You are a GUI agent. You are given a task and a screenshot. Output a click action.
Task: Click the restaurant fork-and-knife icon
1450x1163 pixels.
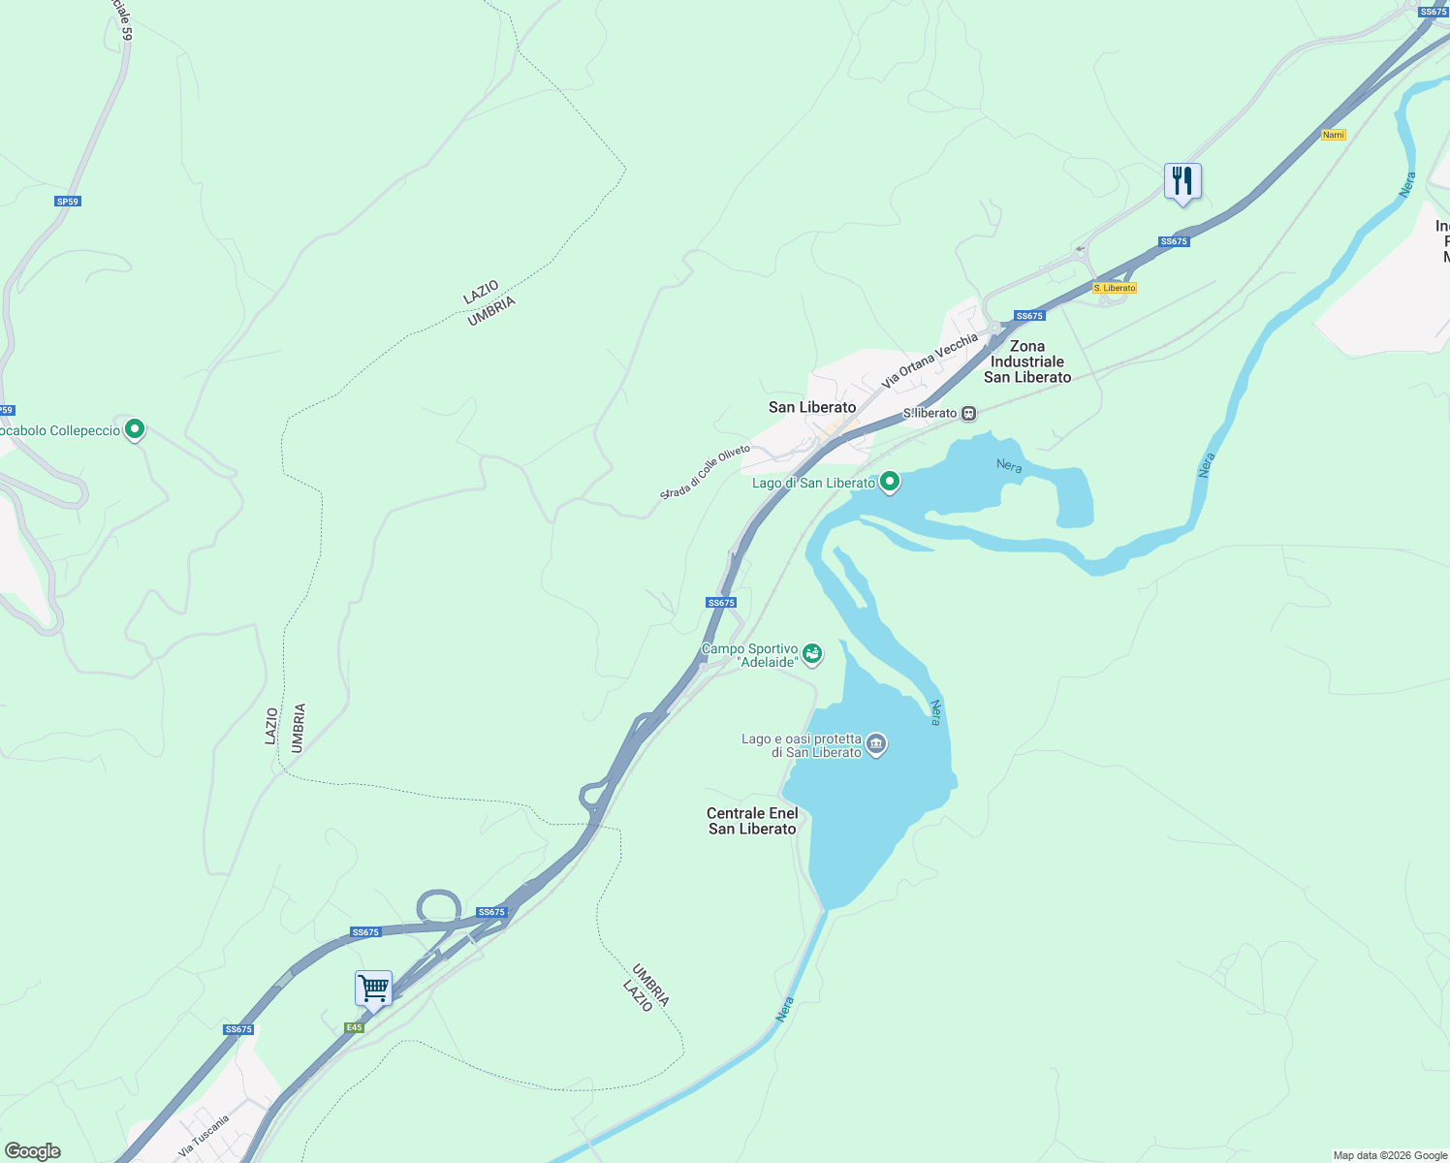1182,181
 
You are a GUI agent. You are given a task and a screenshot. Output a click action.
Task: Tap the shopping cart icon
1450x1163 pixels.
373,989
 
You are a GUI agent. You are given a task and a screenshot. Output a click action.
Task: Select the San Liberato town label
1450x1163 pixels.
812,407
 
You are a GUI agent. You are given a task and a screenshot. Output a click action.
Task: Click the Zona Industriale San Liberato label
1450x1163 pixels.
1027,361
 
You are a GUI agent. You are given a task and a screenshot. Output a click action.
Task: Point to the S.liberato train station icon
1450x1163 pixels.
968,414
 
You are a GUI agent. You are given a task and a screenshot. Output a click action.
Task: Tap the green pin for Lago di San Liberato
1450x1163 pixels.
890,482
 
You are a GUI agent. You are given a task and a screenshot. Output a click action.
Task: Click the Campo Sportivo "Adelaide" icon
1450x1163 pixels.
812,654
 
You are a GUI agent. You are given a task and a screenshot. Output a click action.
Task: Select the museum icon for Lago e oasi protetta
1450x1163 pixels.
876,744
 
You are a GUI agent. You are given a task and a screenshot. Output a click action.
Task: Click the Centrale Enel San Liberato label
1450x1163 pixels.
752,821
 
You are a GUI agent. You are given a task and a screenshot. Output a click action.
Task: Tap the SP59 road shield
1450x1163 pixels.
68,202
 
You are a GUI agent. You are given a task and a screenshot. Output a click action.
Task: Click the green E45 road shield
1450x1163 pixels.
354,1027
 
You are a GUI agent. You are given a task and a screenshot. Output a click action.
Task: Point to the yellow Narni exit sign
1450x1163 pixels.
1334,135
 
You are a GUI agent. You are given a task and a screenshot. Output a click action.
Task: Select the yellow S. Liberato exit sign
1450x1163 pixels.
1114,288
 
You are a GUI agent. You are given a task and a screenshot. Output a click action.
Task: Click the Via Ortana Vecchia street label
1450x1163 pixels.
930,361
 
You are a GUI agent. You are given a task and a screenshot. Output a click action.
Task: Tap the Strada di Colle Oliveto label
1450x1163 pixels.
705,473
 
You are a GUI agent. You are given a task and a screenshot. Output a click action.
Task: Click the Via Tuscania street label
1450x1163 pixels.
205,1136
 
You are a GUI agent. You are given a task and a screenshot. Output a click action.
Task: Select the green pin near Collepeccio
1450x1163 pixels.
135,428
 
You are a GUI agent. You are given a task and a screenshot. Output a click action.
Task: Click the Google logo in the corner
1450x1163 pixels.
33,1151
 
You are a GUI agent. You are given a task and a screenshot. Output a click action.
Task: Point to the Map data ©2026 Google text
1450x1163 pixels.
1390,1155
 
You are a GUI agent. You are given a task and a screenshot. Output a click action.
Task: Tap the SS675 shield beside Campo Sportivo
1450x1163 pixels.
721,603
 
